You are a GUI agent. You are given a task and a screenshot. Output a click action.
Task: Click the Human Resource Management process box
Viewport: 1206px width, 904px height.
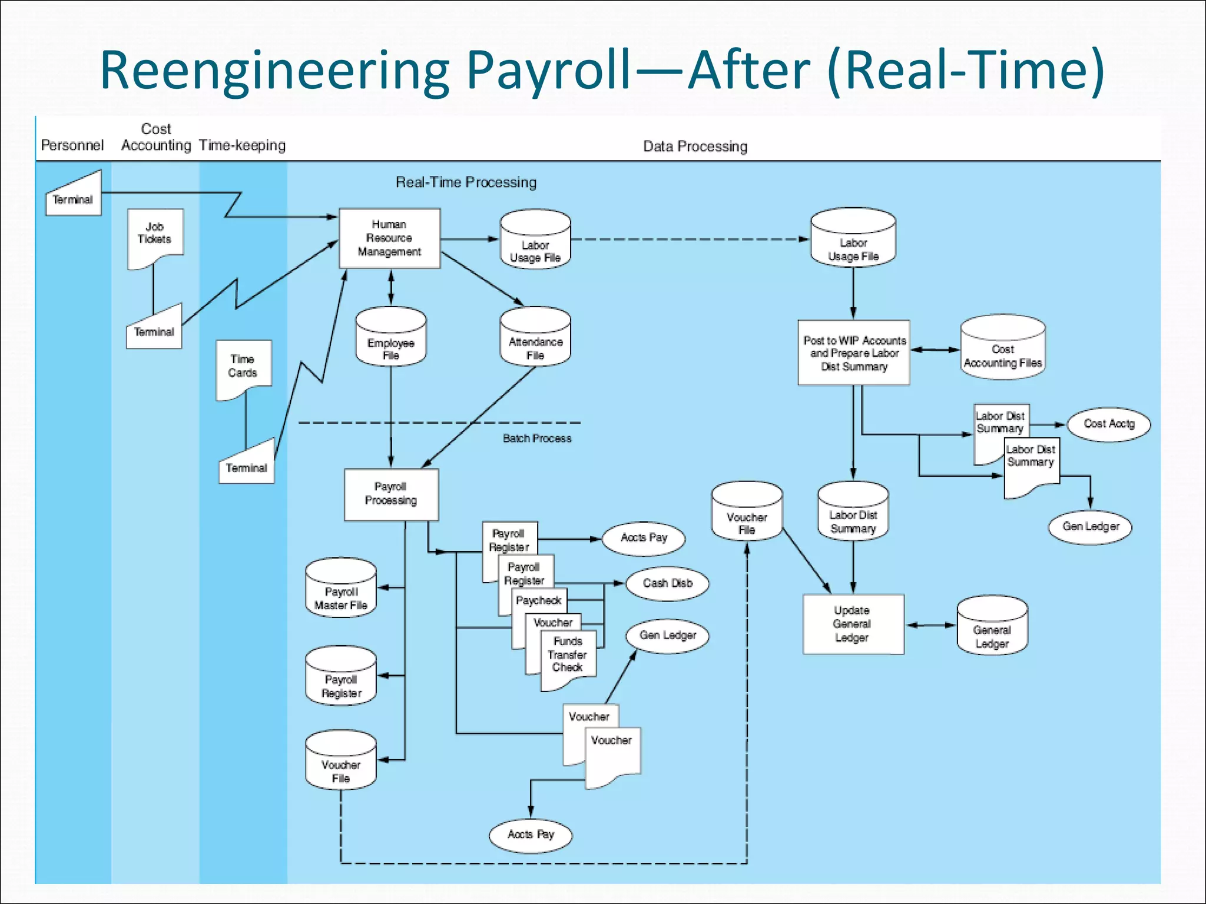click(389, 238)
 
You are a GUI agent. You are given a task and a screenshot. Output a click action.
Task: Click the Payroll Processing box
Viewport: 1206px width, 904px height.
click(391, 494)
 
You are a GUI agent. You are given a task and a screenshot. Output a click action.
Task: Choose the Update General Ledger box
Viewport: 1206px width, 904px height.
click(853, 624)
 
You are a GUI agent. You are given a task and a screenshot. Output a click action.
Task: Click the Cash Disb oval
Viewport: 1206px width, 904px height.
click(667, 583)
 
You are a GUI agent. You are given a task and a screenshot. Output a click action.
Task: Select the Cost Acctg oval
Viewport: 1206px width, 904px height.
click(1109, 424)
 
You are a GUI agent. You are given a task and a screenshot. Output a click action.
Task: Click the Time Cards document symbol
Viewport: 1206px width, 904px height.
click(243, 368)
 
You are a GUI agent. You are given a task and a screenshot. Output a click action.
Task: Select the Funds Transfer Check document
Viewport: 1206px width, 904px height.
click(568, 657)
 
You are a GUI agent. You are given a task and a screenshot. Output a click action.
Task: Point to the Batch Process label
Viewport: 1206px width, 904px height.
click(537, 438)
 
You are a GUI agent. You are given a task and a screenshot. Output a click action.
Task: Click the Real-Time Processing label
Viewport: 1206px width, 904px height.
click(466, 182)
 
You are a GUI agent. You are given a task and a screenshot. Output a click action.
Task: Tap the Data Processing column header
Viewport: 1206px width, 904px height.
click(695, 147)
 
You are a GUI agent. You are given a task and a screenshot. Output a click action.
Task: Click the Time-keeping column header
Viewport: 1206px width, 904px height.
click(242, 145)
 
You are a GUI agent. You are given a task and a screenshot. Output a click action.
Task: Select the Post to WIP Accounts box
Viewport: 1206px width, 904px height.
click(854, 353)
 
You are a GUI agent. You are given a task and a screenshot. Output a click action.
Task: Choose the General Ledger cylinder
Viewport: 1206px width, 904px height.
click(992, 626)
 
